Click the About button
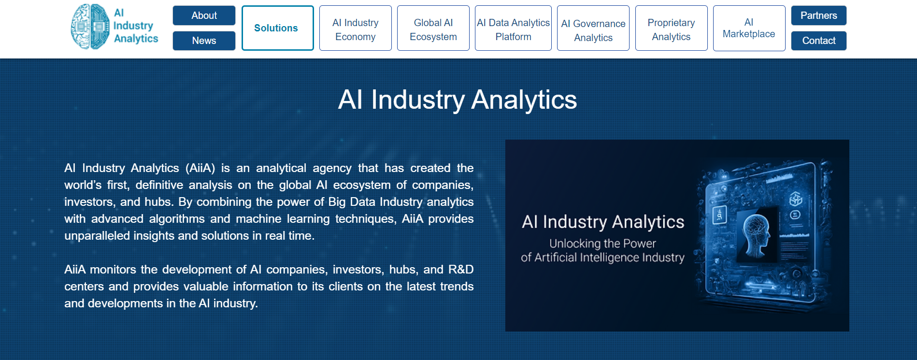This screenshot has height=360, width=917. click(x=204, y=15)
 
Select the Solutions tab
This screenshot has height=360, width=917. click(x=277, y=28)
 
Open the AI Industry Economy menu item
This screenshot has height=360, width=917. click(x=355, y=28)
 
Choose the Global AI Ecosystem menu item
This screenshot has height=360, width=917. click(x=433, y=28)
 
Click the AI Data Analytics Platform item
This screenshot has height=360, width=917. click(x=513, y=28)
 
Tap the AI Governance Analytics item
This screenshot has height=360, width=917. click(x=593, y=28)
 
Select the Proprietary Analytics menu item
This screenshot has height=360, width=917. click(x=671, y=28)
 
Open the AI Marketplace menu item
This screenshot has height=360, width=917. click(x=749, y=28)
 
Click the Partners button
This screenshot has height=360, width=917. click(x=818, y=15)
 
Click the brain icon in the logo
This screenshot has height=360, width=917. click(x=90, y=27)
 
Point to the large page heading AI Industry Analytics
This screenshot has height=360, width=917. click(x=458, y=100)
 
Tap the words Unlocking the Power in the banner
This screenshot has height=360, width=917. click(x=602, y=244)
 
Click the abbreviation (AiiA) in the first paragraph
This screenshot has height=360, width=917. click(x=200, y=168)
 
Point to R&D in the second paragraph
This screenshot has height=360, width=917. click(x=461, y=269)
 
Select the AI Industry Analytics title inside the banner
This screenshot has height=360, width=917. click(x=603, y=222)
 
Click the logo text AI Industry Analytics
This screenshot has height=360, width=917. click(x=136, y=26)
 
